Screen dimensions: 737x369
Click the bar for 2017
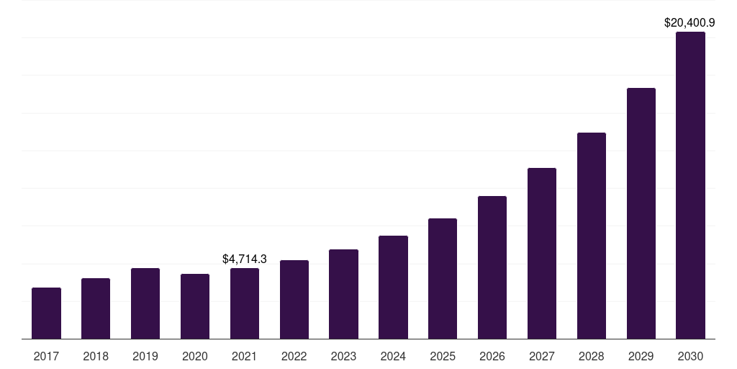click(x=46, y=313)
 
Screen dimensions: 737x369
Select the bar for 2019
click(x=145, y=303)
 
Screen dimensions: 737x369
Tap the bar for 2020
click(x=195, y=306)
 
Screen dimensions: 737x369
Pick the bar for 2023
click(x=343, y=294)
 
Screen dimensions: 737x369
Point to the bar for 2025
click(x=443, y=279)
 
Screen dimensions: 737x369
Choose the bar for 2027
click(x=542, y=253)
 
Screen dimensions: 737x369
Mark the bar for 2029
click(x=641, y=213)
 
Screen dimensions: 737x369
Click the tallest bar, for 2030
click(x=690, y=185)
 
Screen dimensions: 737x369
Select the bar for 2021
click(x=245, y=303)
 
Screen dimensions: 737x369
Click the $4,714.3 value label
click(x=245, y=259)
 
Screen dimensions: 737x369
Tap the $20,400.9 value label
click(x=689, y=22)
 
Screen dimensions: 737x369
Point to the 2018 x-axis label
click(x=96, y=356)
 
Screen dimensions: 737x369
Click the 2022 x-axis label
click(x=294, y=356)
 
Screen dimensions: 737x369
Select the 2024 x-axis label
click(x=394, y=356)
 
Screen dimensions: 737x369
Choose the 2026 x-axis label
click(x=492, y=356)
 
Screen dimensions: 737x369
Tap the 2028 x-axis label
click(x=592, y=356)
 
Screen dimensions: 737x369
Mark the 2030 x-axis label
click(x=690, y=356)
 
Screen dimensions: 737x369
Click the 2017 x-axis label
click(x=46, y=356)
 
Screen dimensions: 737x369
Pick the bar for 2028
click(x=592, y=236)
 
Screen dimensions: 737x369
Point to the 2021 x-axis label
click(x=245, y=356)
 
